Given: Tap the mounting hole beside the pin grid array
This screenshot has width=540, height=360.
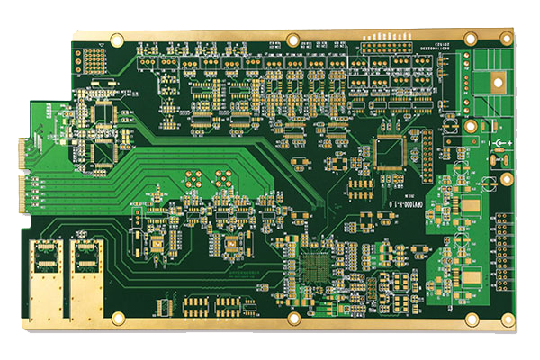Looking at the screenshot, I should tap(117, 39).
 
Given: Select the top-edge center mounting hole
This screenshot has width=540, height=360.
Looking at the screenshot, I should tap(292, 40).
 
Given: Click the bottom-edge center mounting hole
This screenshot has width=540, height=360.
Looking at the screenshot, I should tap(293, 319).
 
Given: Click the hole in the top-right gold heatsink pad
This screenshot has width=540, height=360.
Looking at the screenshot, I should tap(496, 81).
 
